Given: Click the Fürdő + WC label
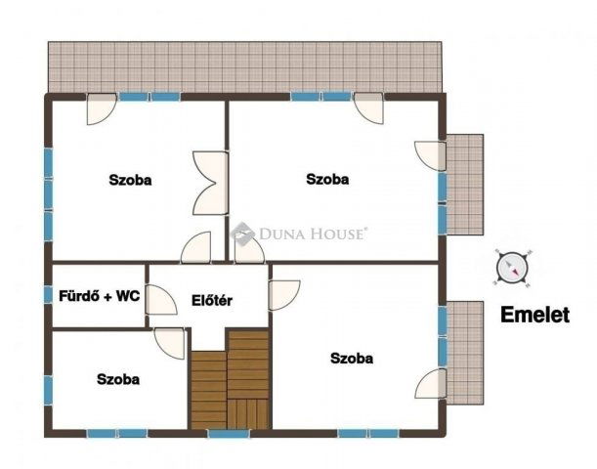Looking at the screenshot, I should (x=99, y=296).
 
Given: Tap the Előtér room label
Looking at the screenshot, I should (x=211, y=300).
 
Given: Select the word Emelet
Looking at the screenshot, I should (x=534, y=316).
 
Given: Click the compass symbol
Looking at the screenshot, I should (x=513, y=268).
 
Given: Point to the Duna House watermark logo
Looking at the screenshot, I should (x=298, y=234).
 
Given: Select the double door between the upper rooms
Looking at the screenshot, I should (x=210, y=182).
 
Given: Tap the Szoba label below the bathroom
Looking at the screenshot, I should (x=117, y=379).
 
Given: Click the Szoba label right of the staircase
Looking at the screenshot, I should (x=351, y=359).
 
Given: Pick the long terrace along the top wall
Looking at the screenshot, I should (x=244, y=66).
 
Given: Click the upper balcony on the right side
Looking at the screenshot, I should (x=464, y=184).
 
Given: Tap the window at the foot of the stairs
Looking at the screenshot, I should (x=229, y=433).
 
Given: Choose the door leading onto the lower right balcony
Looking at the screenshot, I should (x=431, y=384).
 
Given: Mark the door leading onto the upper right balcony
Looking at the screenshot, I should (x=431, y=155).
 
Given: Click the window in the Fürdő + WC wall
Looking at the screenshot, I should (x=48, y=295).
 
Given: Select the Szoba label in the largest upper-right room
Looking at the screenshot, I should (x=327, y=179).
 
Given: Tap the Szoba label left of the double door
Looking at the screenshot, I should (x=130, y=179).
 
